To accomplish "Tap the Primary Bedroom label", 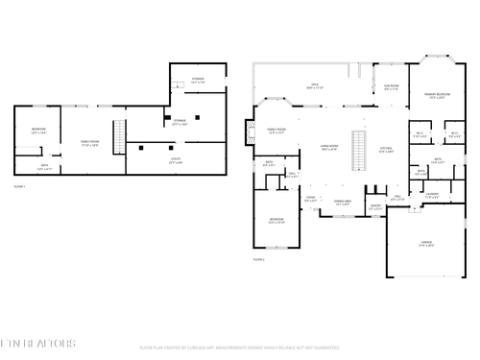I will [x=438, y=95].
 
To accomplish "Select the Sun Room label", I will [x=392, y=87].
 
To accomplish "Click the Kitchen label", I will [x=387, y=149].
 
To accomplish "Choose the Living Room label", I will [x=328, y=147].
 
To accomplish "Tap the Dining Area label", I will [x=343, y=203].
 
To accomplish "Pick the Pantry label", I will [x=375, y=206].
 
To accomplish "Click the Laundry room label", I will [x=432, y=195].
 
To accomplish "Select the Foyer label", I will [x=310, y=198].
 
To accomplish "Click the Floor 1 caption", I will [x=19, y=185].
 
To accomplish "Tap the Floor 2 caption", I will [x=258, y=259].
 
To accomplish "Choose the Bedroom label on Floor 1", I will [x=38, y=130].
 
